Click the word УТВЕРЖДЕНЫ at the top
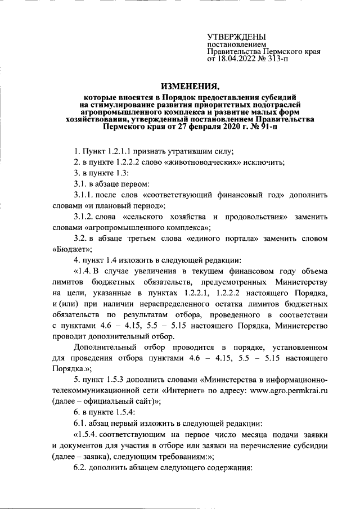(236, 37)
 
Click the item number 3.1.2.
(85, 217)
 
